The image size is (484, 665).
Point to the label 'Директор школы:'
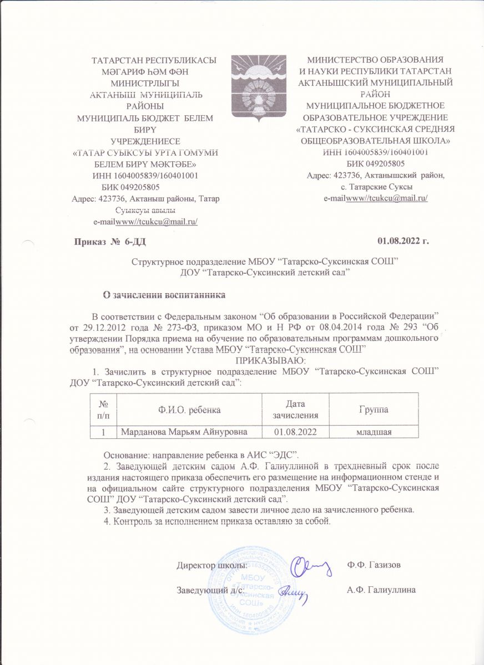coord(212,566)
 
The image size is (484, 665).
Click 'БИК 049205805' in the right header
coord(375,163)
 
